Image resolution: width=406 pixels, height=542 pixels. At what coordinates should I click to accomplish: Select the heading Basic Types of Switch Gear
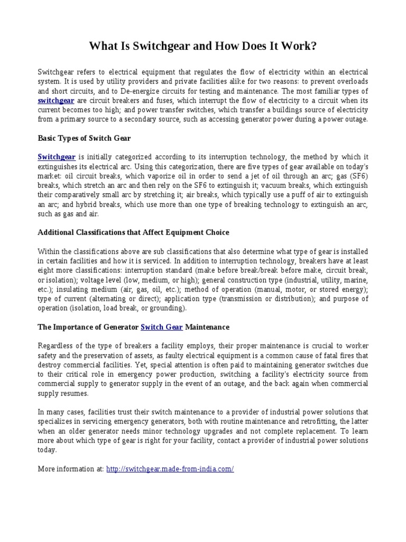click(84, 138)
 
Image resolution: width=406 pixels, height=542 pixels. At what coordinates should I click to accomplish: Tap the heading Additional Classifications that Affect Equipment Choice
click(133, 232)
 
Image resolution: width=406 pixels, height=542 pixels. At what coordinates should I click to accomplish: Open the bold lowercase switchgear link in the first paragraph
click(56, 100)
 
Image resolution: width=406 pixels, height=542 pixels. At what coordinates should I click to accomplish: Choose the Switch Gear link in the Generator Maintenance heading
click(162, 327)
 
